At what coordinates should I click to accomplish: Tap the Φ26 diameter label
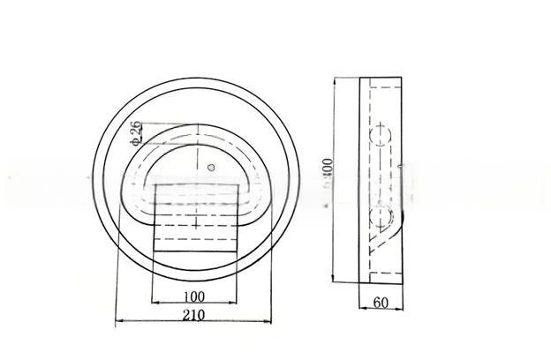click(135, 132)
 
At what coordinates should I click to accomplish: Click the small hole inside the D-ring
click(211, 167)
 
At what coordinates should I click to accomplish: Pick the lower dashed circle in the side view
click(383, 218)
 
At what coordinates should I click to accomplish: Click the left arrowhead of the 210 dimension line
click(118, 323)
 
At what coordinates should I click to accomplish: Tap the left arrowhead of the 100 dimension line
click(155, 304)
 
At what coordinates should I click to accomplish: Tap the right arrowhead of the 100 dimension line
click(238, 304)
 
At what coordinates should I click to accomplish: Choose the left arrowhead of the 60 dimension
click(362, 310)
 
